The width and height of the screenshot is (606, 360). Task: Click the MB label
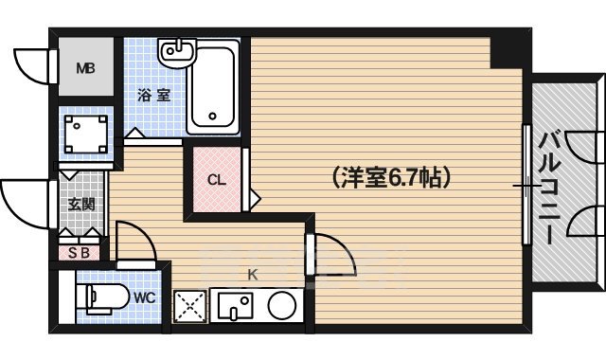85,67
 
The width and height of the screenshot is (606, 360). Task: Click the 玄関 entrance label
79,203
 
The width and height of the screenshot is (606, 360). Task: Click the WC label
144,297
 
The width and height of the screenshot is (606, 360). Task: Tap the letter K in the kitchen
253,275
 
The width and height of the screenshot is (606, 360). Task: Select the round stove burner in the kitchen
282,305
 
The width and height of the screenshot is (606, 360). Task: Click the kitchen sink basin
234,306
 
